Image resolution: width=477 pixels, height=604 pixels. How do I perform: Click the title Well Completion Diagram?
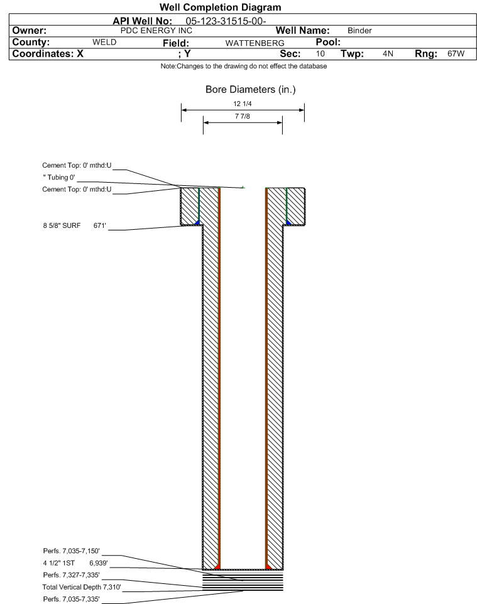pos(220,8)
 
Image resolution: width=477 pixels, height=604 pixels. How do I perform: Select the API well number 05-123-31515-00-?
pos(226,21)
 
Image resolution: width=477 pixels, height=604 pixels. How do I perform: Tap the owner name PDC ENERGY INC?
pos(156,31)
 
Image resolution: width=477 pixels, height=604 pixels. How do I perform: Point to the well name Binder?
pos(359,31)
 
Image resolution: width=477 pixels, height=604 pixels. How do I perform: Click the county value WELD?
pos(104,42)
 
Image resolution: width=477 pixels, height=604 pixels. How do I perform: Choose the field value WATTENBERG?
pos(255,43)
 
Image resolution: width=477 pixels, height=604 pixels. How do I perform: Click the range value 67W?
pos(456,53)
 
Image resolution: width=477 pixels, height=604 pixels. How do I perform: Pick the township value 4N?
pos(388,53)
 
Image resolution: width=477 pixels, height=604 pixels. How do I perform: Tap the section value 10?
pos(320,53)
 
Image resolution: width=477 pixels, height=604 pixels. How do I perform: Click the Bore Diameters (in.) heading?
pos(250,90)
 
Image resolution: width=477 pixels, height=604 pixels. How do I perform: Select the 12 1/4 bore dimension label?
pos(242,104)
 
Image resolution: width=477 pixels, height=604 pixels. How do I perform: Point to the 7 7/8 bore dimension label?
pos(242,116)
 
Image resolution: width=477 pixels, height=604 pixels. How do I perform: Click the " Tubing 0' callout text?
pos(59,177)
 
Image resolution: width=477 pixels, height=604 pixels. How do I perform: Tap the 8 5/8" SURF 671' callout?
pos(74,225)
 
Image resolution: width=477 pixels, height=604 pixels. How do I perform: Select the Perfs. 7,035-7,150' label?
pos(72,551)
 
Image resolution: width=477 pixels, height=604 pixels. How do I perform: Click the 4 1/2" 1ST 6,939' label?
pos(75,563)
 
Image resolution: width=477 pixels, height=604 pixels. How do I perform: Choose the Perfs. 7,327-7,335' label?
pos(72,575)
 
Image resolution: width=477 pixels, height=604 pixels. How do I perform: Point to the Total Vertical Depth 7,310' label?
pos(82,587)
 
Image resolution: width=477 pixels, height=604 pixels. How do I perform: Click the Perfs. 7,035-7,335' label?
pos(72,599)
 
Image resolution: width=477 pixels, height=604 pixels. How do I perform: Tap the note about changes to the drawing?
pos(244,67)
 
